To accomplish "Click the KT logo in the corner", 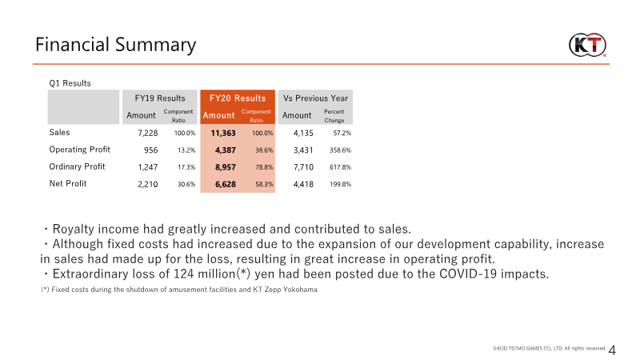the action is (x=587, y=45).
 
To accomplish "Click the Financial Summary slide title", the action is (x=115, y=45).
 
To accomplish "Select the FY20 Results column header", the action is (x=238, y=98).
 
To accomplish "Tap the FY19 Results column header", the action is (x=160, y=98).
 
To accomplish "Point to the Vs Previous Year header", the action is (x=315, y=98).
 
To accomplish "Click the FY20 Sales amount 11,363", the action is (x=223, y=133).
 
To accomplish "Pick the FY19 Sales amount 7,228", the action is (x=148, y=133).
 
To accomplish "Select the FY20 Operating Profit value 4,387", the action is (x=226, y=150).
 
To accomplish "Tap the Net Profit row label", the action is (x=68, y=184).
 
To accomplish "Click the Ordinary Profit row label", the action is (x=77, y=166).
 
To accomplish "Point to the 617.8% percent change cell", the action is (x=341, y=167).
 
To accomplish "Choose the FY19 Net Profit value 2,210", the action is (x=148, y=185).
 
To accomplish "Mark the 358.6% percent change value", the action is (x=341, y=150).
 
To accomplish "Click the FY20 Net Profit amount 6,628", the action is (x=226, y=185).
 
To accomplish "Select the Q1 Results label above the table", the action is (x=70, y=83).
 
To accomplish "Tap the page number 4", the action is (x=612, y=350).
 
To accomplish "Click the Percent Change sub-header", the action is (x=334, y=116).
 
